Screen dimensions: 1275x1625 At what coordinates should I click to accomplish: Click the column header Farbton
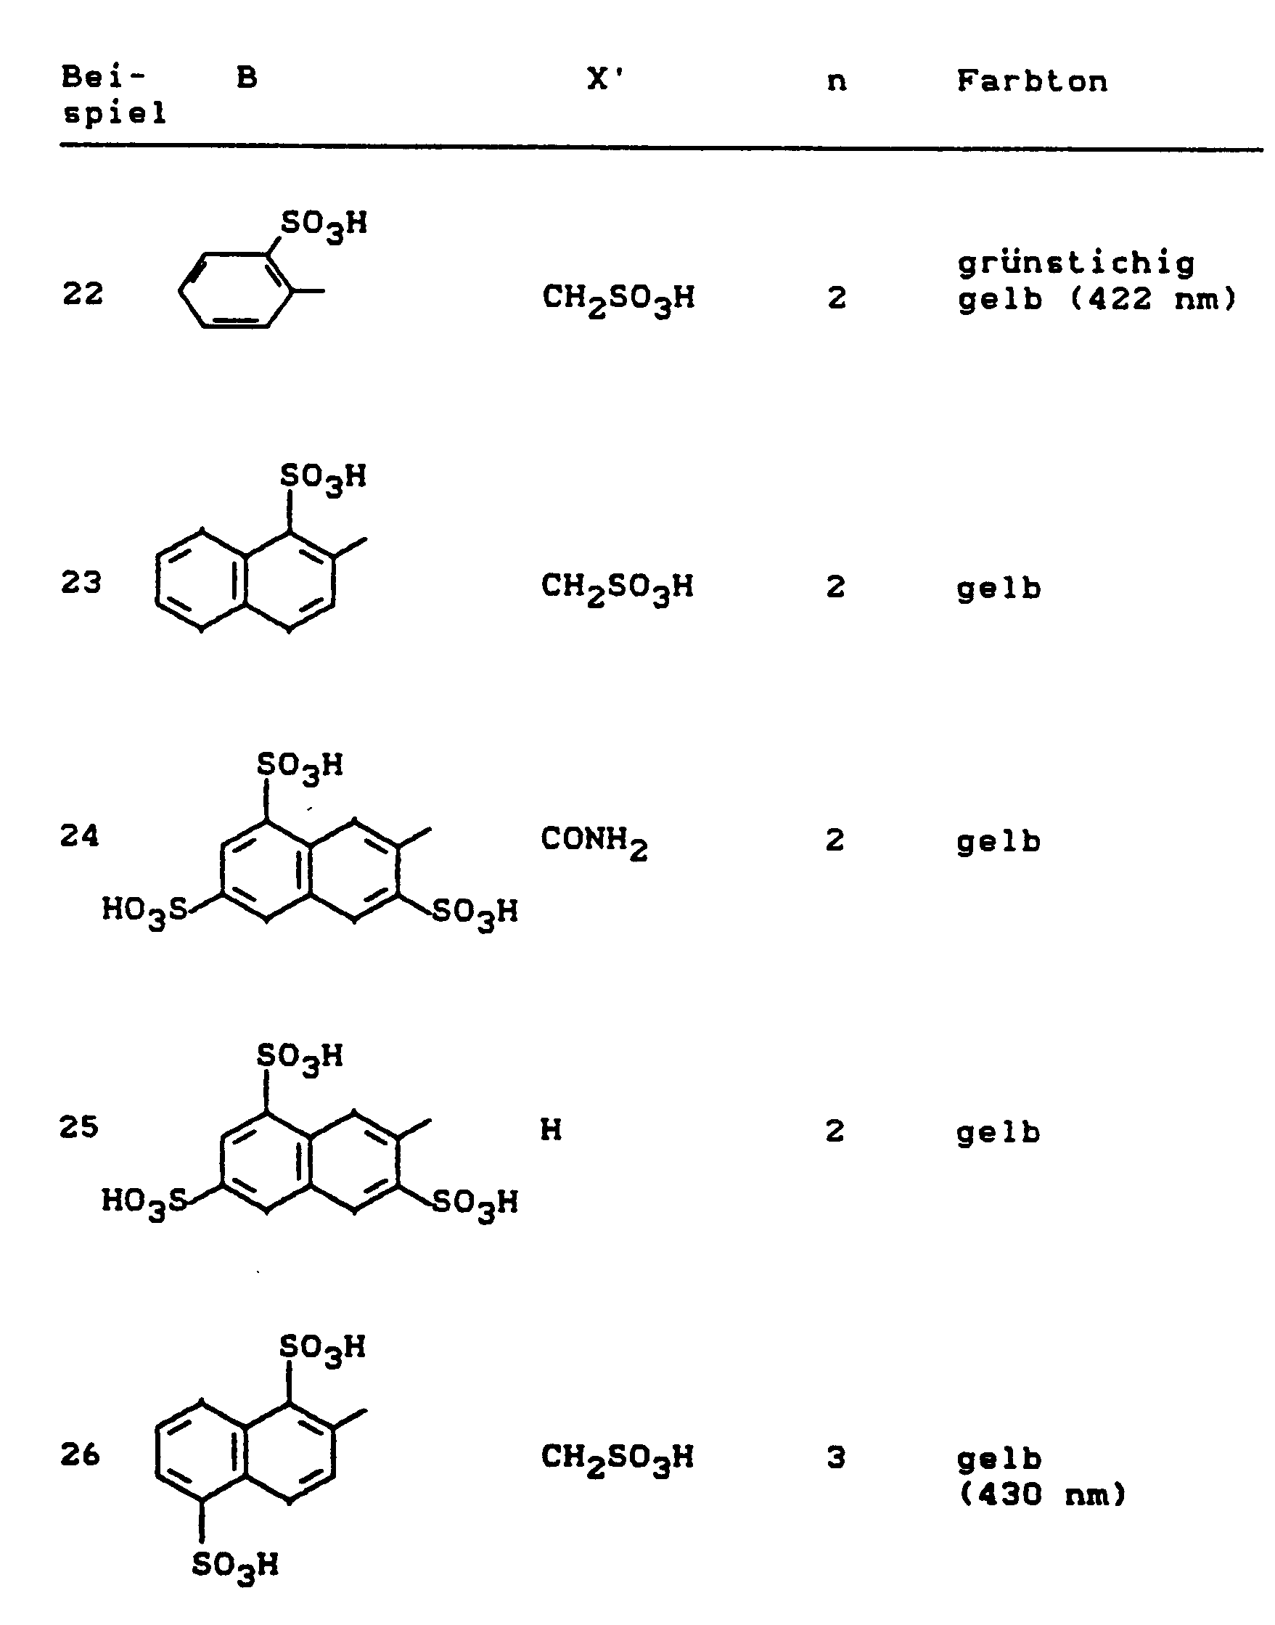coord(1032,81)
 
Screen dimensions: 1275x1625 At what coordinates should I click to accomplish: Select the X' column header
coord(604,78)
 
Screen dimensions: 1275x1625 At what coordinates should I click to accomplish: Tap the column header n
coord(837,81)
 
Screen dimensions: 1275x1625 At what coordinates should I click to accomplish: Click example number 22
coord(82,294)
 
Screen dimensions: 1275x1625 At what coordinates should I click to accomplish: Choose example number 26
coord(80,1455)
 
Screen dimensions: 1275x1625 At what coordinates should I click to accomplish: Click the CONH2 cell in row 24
coord(594,842)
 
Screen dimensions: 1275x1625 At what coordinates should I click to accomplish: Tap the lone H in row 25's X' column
coord(551,1130)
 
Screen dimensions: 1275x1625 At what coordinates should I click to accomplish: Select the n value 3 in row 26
coord(836,1458)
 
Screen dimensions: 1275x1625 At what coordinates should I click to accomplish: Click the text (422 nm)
coord(1153,300)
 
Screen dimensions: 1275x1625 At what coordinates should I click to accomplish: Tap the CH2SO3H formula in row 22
coord(618,298)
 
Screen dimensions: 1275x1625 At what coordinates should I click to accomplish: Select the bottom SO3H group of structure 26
coord(235,1566)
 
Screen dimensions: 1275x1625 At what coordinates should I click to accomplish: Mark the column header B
coord(247,78)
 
